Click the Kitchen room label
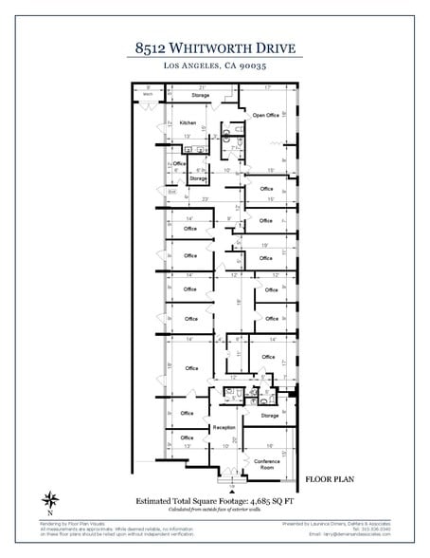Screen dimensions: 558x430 (188, 122)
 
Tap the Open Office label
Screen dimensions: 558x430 (265, 115)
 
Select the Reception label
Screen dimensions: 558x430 (224, 427)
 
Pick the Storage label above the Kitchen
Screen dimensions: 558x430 (200, 95)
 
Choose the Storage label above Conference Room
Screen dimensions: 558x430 (269, 416)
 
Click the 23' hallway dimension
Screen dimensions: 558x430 (205, 199)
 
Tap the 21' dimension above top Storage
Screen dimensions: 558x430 (202, 87)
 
